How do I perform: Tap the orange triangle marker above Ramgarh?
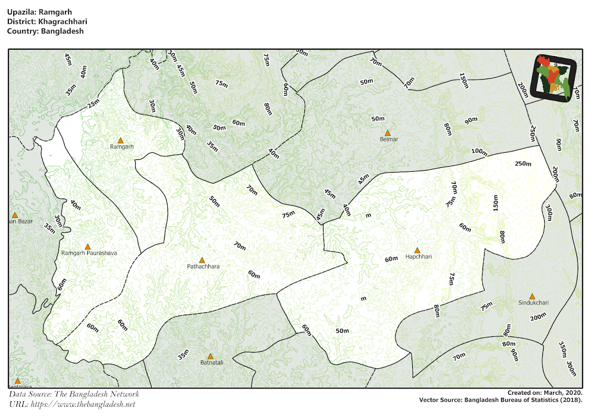click(x=120, y=141)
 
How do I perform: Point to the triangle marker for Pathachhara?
click(x=201, y=260)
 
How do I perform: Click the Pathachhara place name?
click(x=203, y=267)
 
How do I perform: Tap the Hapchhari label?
click(x=418, y=257)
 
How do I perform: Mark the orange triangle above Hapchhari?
click(x=417, y=250)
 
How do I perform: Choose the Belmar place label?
click(x=389, y=139)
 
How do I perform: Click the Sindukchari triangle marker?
click(x=532, y=297)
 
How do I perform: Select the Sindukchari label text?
click(x=533, y=303)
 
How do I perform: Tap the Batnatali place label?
click(x=212, y=362)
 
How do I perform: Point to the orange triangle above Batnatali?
click(x=210, y=356)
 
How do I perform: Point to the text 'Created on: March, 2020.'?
click(x=545, y=393)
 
